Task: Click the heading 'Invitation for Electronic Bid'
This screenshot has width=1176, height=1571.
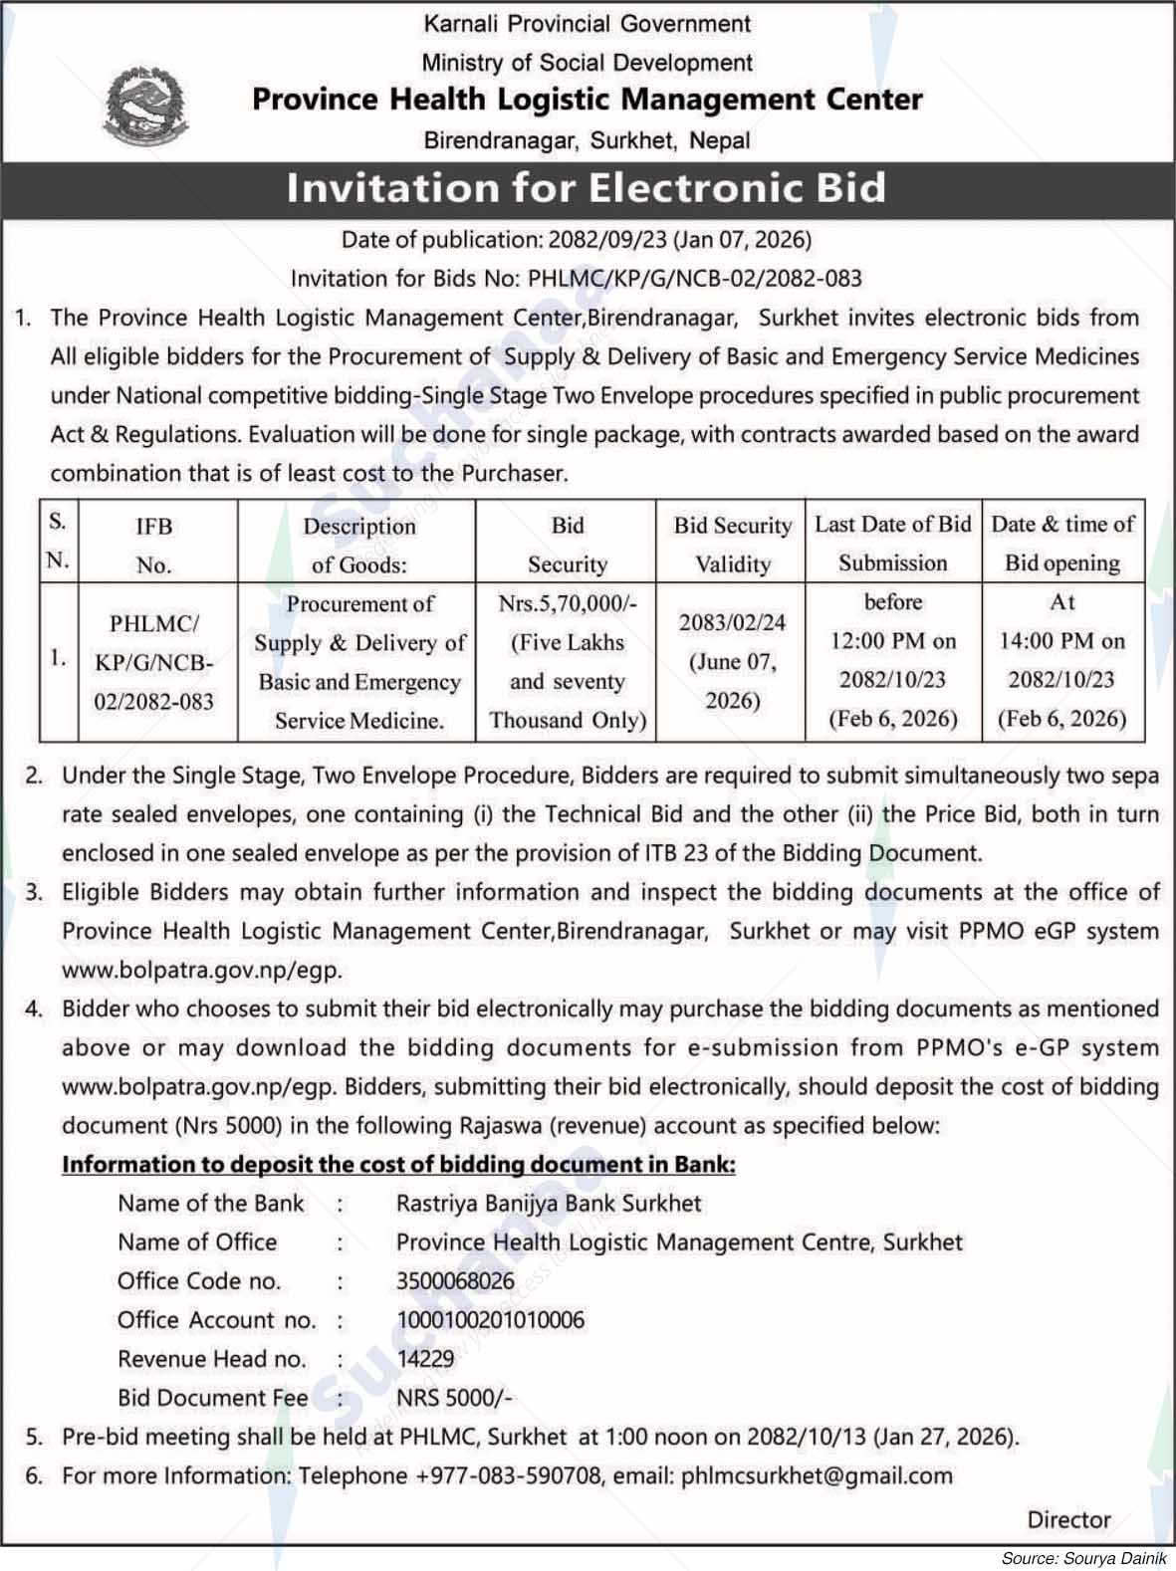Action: pyautogui.click(x=587, y=187)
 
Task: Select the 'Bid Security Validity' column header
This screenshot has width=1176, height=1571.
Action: pyautogui.click(x=732, y=544)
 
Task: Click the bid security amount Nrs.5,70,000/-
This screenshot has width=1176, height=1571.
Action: pyautogui.click(x=568, y=602)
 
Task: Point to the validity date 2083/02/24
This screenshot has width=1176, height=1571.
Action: pyautogui.click(x=732, y=622)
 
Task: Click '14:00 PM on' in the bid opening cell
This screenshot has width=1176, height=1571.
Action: pyautogui.click(x=1061, y=641)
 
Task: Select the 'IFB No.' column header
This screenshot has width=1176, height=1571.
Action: pyautogui.click(x=154, y=545)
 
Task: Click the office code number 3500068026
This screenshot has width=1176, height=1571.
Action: pyautogui.click(x=455, y=1281)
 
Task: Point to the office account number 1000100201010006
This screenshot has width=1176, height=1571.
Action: pyautogui.click(x=490, y=1320)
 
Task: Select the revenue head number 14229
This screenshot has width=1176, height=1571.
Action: pyautogui.click(x=425, y=1359)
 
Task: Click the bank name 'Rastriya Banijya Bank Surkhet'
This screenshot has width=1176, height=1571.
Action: pyautogui.click(x=549, y=1204)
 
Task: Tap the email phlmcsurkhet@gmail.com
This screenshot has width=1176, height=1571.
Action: pyautogui.click(x=817, y=1475)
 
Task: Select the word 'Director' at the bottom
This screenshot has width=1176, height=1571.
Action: pyautogui.click(x=1069, y=1520)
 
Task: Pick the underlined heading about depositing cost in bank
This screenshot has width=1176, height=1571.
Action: pyautogui.click(x=398, y=1165)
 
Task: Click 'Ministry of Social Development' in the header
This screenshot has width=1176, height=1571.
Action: pyautogui.click(x=587, y=63)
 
